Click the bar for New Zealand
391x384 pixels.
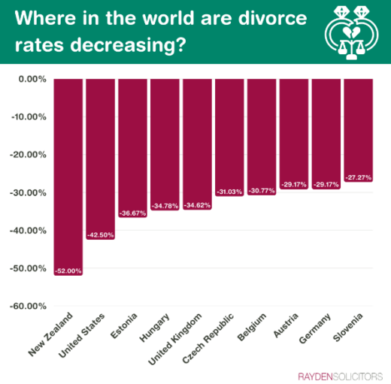coord(68,173)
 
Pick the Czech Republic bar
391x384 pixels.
coord(229,135)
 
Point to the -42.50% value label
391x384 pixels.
coord(101,235)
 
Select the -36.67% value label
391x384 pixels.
coord(133,213)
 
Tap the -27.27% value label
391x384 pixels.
coord(358,178)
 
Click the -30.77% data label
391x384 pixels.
coord(262,191)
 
